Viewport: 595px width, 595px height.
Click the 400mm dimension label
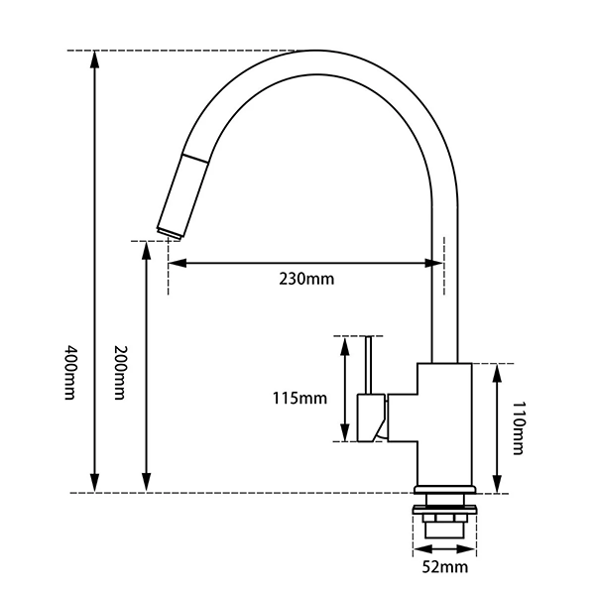(x=69, y=372)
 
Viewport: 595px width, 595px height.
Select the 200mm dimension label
(x=121, y=372)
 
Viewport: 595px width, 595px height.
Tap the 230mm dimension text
(x=305, y=279)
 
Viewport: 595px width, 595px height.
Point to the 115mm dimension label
(x=298, y=399)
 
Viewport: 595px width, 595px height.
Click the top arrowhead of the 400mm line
(x=95, y=58)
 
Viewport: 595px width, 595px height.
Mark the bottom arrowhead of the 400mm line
(x=95, y=485)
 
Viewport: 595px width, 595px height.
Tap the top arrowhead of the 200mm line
(x=147, y=248)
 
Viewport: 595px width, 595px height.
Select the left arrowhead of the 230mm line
(x=176, y=263)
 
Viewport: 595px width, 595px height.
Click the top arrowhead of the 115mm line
(x=344, y=344)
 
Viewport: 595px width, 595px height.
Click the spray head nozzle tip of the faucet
(x=168, y=230)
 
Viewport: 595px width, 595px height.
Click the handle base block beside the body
(x=371, y=416)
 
